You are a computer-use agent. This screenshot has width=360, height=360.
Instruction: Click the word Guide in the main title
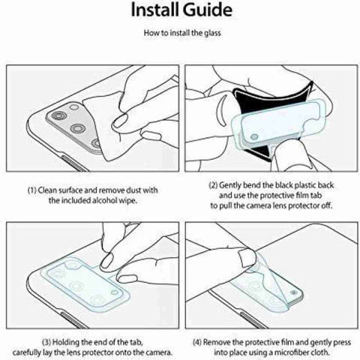pyautogui.click(x=207, y=10)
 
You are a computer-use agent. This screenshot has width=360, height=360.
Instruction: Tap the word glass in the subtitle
pyautogui.click(x=212, y=33)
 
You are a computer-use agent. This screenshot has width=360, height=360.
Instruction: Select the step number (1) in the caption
pyautogui.click(x=32, y=190)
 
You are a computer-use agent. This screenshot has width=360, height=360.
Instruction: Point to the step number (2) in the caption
pyautogui.click(x=213, y=185)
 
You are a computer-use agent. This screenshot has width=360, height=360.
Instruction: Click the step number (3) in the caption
pyautogui.click(x=46, y=342)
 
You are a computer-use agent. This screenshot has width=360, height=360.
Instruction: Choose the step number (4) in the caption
pyautogui.click(x=197, y=342)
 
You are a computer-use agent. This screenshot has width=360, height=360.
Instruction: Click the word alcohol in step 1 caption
pyautogui.click(x=105, y=200)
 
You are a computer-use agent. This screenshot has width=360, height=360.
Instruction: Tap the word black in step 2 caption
pyautogui.click(x=284, y=185)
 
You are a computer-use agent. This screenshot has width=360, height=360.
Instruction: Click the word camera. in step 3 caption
pyautogui.click(x=159, y=352)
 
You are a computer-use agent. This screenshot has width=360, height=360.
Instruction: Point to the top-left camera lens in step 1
pyautogui.click(x=59, y=115)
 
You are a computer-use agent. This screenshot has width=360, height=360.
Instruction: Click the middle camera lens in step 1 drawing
pyautogui.click(x=78, y=129)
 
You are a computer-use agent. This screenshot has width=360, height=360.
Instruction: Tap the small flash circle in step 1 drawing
pyautogui.click(x=74, y=107)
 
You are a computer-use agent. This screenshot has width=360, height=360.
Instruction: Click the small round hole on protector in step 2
pyautogui.click(x=254, y=137)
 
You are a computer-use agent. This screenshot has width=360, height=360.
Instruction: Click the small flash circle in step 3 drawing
pyautogui.click(x=115, y=292)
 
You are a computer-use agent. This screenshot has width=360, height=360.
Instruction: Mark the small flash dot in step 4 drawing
pyautogui.click(x=293, y=292)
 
